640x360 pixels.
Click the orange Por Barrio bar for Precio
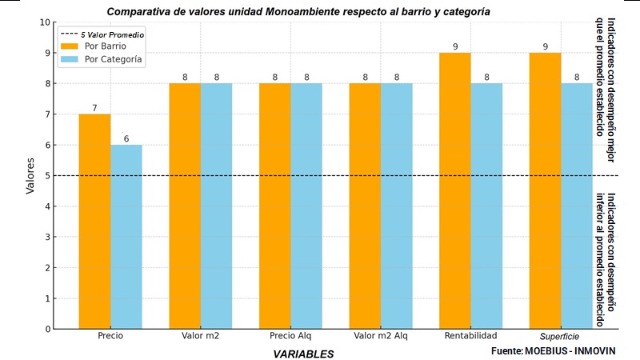[x=94, y=221]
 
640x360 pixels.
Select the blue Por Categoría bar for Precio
[x=126, y=237]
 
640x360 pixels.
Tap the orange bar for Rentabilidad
[x=455, y=190]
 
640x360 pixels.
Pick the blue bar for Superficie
[x=577, y=206]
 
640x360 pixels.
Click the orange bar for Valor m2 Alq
[x=365, y=206]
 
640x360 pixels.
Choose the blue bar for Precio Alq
[x=306, y=206]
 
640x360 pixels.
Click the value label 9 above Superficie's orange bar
[x=545, y=46]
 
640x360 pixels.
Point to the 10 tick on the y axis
[x=45, y=22]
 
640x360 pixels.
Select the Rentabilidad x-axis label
[x=470, y=336]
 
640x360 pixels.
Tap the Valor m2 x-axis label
[x=200, y=336]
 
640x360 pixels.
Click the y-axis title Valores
[x=30, y=176]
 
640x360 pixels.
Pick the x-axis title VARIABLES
[x=303, y=353]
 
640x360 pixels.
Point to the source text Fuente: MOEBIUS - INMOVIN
[x=554, y=351]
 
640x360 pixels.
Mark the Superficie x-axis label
[x=560, y=336]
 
